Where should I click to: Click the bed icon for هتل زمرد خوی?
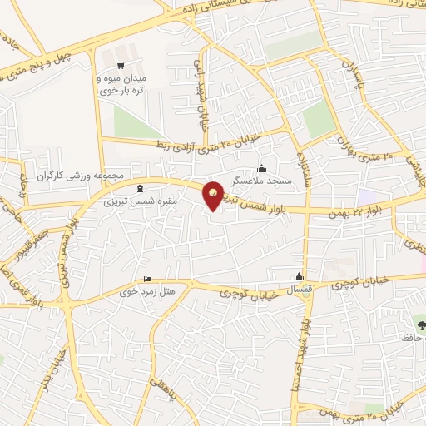(148, 280)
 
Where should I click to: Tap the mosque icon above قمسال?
(300, 277)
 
